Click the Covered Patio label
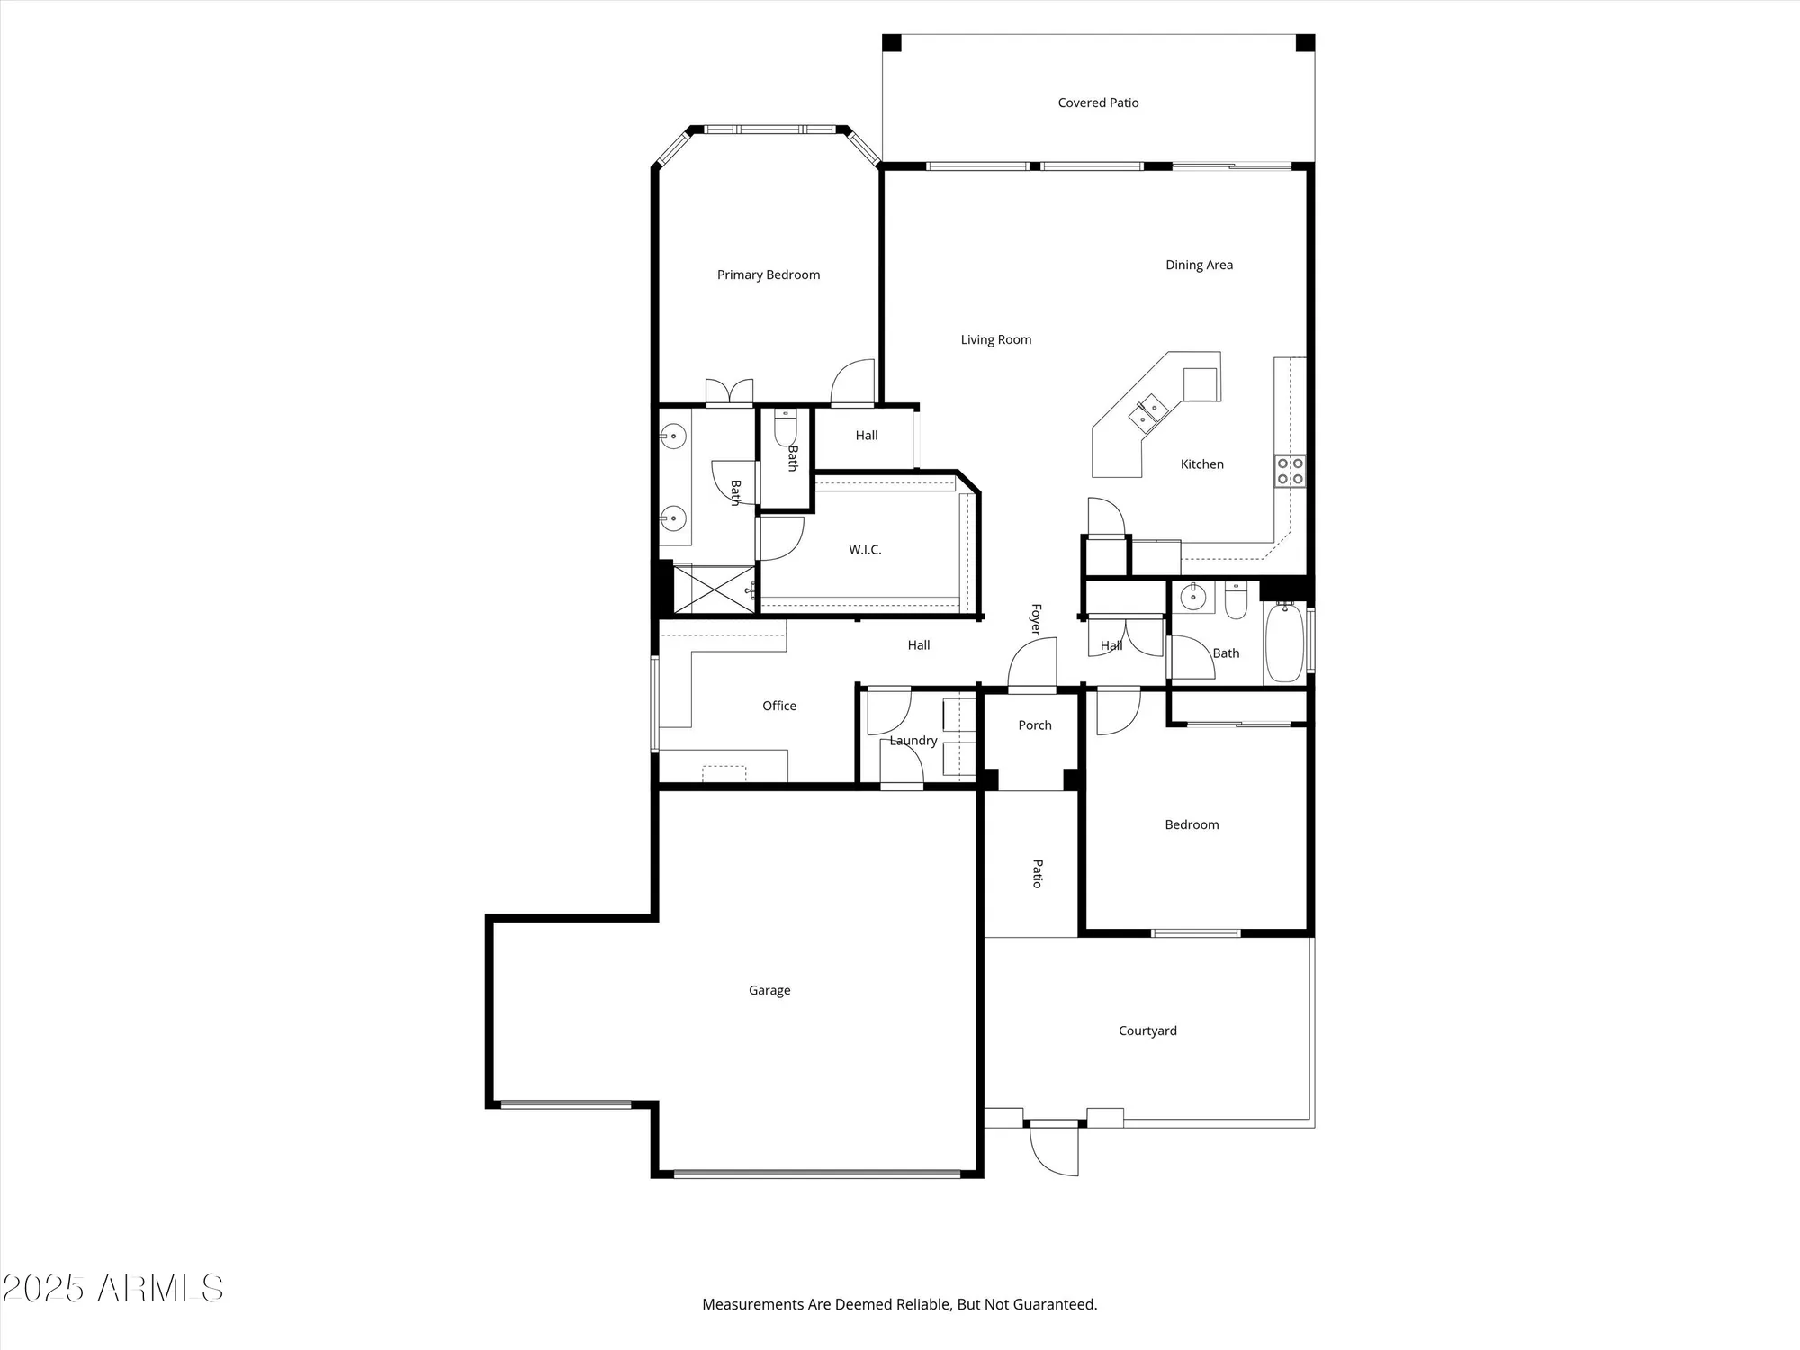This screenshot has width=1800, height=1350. click(1098, 103)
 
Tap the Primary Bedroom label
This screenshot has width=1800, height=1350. click(768, 274)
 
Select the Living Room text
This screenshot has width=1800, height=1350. click(995, 339)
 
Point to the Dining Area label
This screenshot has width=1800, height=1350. click(1199, 265)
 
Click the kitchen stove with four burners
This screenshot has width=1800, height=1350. click(1290, 471)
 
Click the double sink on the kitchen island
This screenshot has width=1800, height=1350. click(1147, 413)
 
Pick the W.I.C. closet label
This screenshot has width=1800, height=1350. click(865, 549)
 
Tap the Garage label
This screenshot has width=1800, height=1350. click(769, 990)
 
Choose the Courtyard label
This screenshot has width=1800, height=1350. click(1147, 1030)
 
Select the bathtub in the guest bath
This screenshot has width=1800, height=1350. click(1284, 643)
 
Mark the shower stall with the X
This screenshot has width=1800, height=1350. click(714, 589)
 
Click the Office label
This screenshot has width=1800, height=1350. click(778, 706)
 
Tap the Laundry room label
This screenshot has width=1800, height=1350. click(913, 741)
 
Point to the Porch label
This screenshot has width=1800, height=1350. click(1035, 724)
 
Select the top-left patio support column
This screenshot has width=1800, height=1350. click(891, 43)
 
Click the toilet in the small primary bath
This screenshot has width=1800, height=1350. click(786, 427)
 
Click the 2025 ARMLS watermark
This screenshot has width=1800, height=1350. click(112, 1288)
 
